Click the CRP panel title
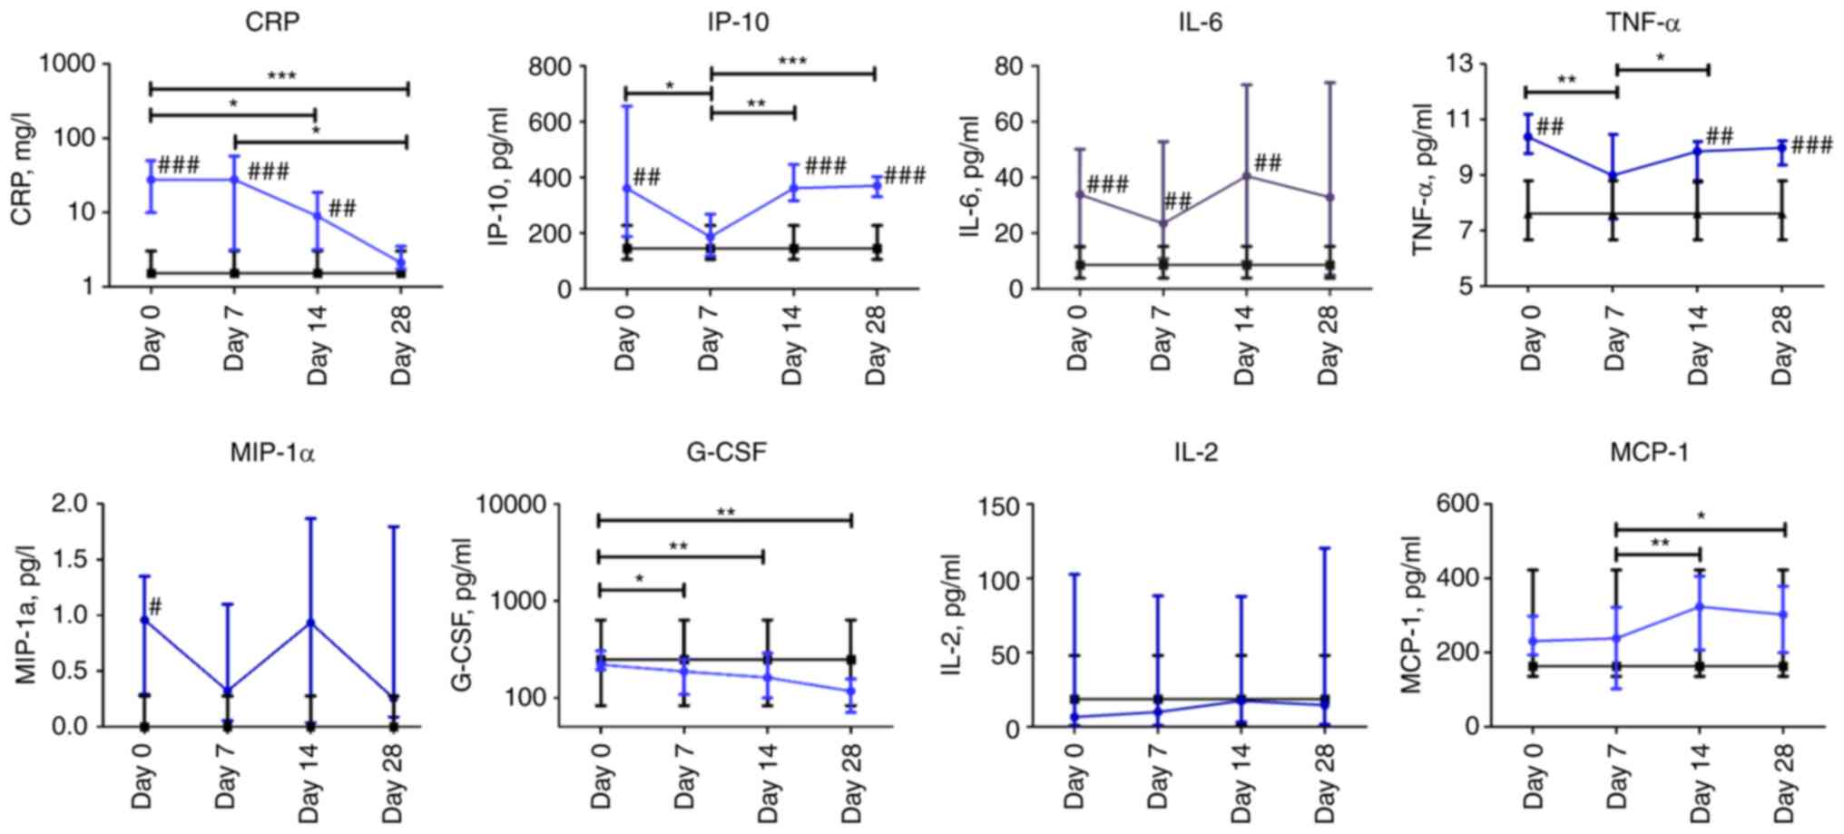tap(271, 22)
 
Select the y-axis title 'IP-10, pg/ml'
tap(496, 176)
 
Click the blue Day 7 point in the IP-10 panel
tap(711, 238)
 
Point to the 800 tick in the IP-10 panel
tap(551, 66)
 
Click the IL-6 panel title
tap(1195, 22)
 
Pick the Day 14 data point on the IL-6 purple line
tap(1247, 175)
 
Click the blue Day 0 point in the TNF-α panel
tap(1527, 137)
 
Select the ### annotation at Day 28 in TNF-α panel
tap(1811, 145)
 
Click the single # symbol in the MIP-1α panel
tap(155, 606)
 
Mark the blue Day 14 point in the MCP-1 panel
tap(1700, 606)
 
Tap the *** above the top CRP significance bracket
tap(281, 76)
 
